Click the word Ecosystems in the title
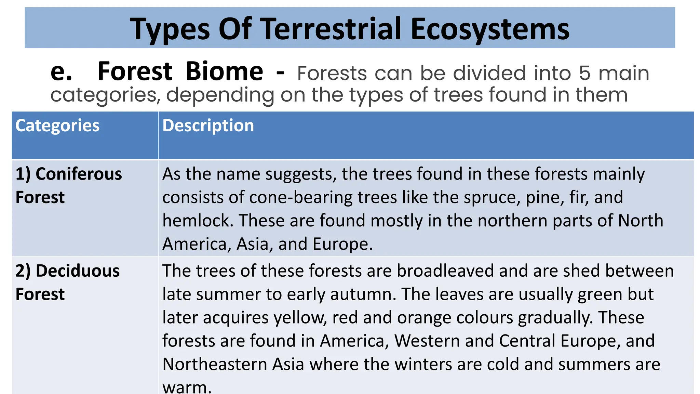tap(490, 29)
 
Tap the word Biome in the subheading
tap(224, 71)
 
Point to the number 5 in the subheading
tap(585, 73)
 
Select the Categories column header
tap(57, 126)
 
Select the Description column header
tap(208, 126)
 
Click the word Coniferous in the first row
tap(79, 174)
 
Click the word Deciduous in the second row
tap(78, 271)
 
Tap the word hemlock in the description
tap(197, 221)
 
